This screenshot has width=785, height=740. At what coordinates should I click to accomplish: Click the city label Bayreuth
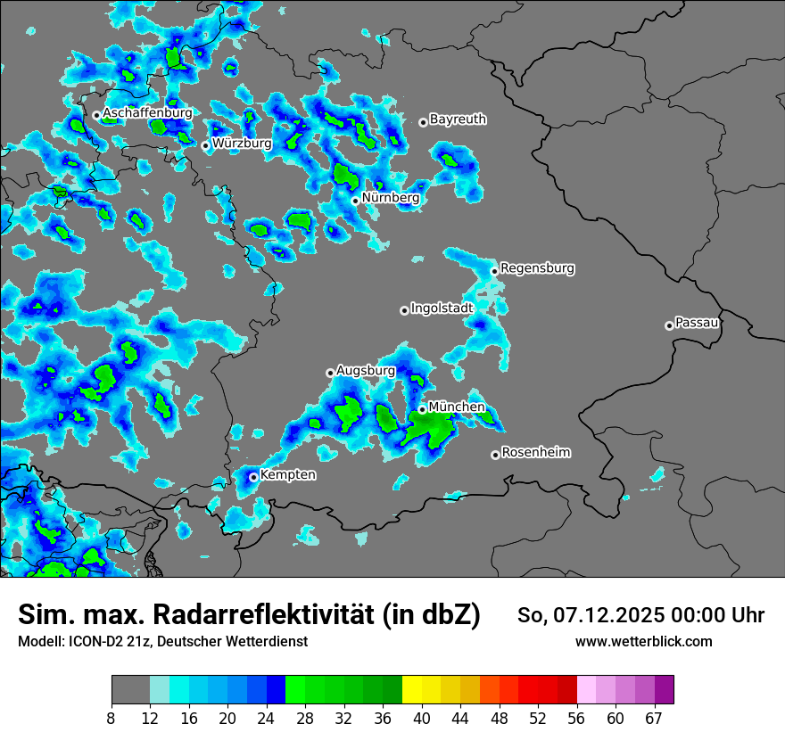(458, 119)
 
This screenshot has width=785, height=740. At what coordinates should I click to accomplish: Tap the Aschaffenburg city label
(148, 113)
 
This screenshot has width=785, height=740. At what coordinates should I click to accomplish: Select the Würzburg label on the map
(242, 143)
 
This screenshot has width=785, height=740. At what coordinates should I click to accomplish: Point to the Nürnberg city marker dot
(355, 201)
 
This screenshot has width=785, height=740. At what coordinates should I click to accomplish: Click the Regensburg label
(537, 267)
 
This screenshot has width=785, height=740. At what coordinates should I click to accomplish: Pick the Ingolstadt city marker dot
(404, 310)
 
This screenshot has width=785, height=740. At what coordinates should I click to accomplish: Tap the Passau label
(698, 322)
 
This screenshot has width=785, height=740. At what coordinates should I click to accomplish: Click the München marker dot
(422, 409)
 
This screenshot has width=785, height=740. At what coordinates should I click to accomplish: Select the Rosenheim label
(535, 452)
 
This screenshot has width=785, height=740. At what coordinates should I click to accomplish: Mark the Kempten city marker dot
(253, 476)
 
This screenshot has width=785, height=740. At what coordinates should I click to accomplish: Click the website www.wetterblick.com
(643, 641)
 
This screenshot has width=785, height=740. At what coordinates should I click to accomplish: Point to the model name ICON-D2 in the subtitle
(89, 641)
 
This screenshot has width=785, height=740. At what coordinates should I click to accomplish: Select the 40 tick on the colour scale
(422, 719)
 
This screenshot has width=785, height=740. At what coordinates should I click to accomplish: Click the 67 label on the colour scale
(654, 719)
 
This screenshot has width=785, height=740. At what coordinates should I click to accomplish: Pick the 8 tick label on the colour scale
(112, 719)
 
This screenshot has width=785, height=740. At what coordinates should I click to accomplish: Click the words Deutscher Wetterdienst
(236, 641)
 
